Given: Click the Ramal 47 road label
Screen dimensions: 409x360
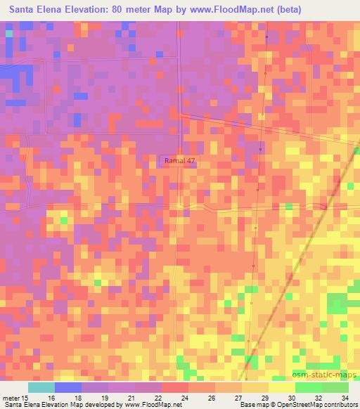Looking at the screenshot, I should (x=179, y=161).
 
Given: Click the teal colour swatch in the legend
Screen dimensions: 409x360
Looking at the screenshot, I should (x=41, y=387).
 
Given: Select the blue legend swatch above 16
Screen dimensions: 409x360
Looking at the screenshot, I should (x=68, y=387).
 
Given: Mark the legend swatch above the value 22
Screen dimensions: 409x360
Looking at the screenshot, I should (x=148, y=387).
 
